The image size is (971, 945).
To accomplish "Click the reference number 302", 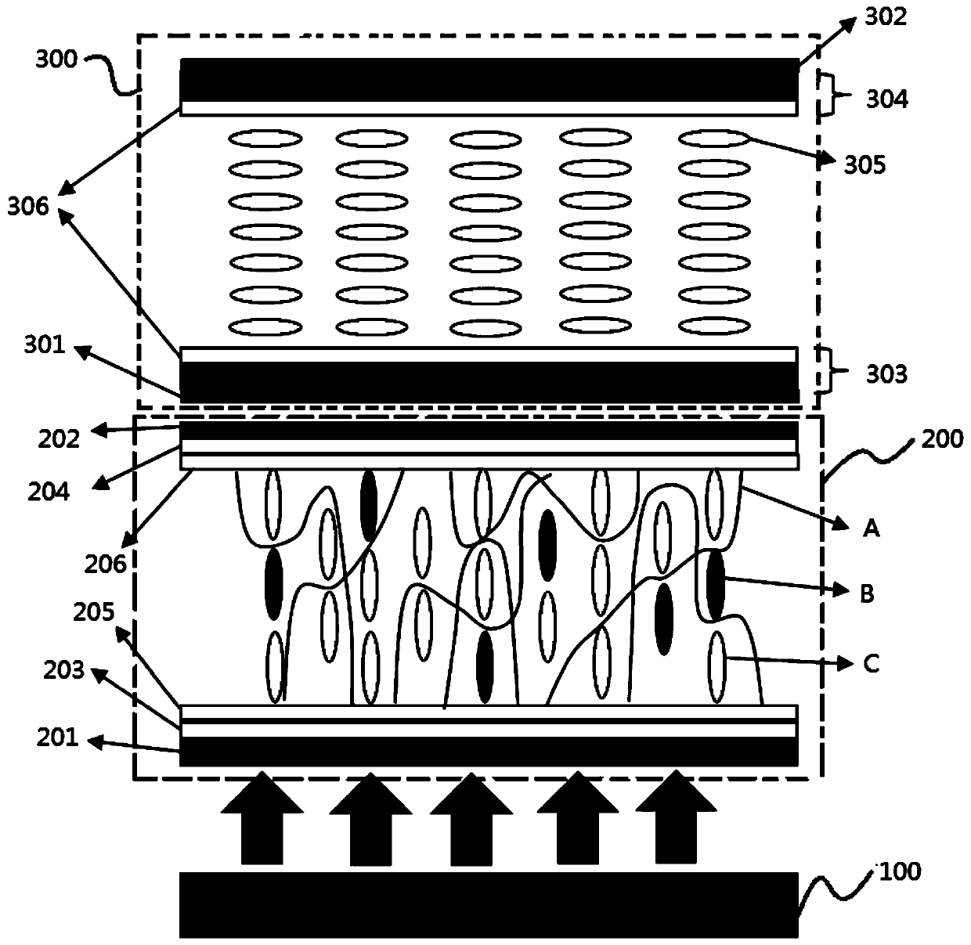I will [x=885, y=16].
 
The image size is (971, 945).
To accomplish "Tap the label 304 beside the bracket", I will [x=886, y=99].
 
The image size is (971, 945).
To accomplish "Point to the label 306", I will [x=28, y=207].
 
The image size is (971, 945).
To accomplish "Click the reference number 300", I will [x=56, y=59].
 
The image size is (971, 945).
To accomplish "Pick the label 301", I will [x=44, y=344].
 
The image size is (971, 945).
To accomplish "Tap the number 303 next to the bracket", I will [x=886, y=374].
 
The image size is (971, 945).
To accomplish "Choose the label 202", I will [x=60, y=438].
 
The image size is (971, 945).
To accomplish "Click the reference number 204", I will [x=49, y=492].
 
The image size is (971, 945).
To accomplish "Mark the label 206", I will [x=106, y=563].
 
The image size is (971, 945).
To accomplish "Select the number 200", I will [x=941, y=438].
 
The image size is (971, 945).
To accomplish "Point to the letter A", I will [x=871, y=530].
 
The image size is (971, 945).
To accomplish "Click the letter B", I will [x=867, y=594].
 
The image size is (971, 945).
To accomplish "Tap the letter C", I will [x=871, y=664].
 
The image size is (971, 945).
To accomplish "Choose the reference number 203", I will [x=64, y=670].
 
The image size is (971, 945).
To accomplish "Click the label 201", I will [x=58, y=737].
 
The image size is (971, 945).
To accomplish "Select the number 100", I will [x=901, y=871].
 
